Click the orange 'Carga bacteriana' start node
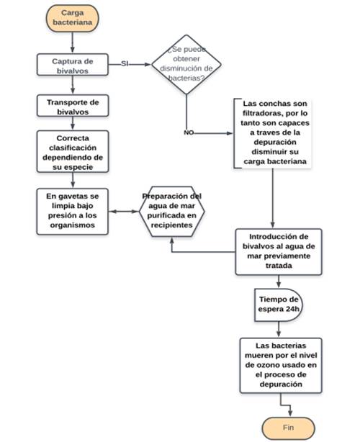click(73, 18)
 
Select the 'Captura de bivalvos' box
click(73, 65)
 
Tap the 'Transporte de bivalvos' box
click(73, 106)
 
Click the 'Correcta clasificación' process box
click(73, 151)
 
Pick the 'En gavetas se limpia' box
click(73, 212)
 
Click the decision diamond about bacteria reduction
click(186, 64)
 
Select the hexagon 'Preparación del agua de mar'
click(171, 212)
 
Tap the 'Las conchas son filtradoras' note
click(272, 133)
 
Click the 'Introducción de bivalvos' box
click(279, 252)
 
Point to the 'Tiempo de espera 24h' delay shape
click(278, 305)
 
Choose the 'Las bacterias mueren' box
click(281, 365)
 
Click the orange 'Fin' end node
click(288, 428)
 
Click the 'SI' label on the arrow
click(125, 63)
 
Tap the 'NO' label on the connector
click(189, 132)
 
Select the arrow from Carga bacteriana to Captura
click(73, 42)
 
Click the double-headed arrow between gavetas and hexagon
click(124, 212)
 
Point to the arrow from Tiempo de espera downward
click(279, 329)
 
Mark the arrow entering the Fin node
click(285, 405)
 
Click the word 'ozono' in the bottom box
click(264, 365)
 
